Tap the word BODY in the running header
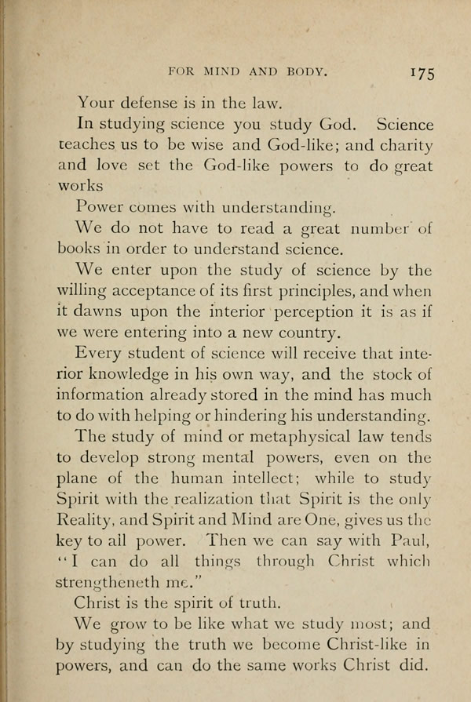[x=303, y=71]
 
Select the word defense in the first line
[x=155, y=100]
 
